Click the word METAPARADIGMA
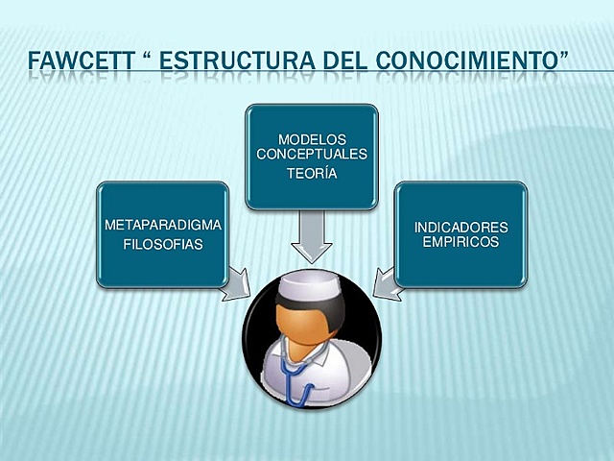click(162, 225)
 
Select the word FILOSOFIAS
click(162, 244)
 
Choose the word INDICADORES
click(460, 228)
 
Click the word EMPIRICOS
click(460, 242)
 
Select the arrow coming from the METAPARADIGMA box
click(236, 287)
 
